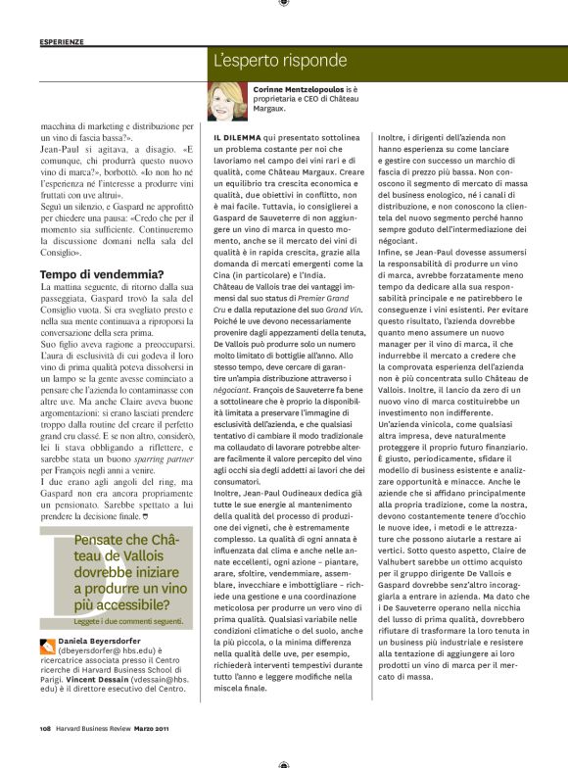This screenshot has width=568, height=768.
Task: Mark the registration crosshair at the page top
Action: click(283, 4)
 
